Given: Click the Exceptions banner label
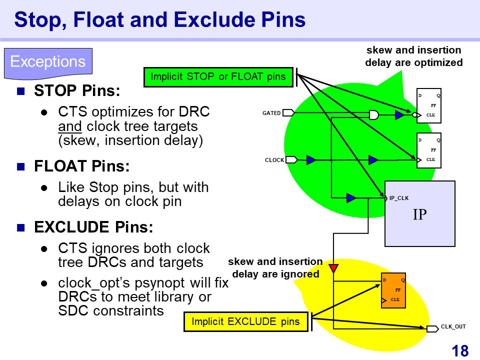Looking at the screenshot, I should tap(48, 62).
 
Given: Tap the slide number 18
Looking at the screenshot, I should tap(460, 351).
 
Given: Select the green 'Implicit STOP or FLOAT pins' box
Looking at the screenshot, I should tap(218, 77).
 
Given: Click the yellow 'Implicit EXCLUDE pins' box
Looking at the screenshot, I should tap(245, 321).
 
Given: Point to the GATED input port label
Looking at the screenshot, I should tap(271, 113).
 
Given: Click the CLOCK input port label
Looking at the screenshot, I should tap(274, 160).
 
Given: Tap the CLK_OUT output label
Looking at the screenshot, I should tap(453, 327).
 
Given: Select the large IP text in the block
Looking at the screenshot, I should tap(419, 214).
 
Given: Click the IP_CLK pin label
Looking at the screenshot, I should tap(399, 198).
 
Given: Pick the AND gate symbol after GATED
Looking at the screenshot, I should tap(373, 115).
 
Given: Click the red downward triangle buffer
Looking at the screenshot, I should tap(333, 268).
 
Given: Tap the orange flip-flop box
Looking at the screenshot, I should tap(393, 290).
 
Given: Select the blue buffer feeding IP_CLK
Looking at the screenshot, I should tap(351, 198).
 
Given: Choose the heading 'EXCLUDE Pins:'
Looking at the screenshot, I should tap(93, 227).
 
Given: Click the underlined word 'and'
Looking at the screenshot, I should tap(66, 126).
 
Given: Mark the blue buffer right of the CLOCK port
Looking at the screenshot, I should tap(311, 160).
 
